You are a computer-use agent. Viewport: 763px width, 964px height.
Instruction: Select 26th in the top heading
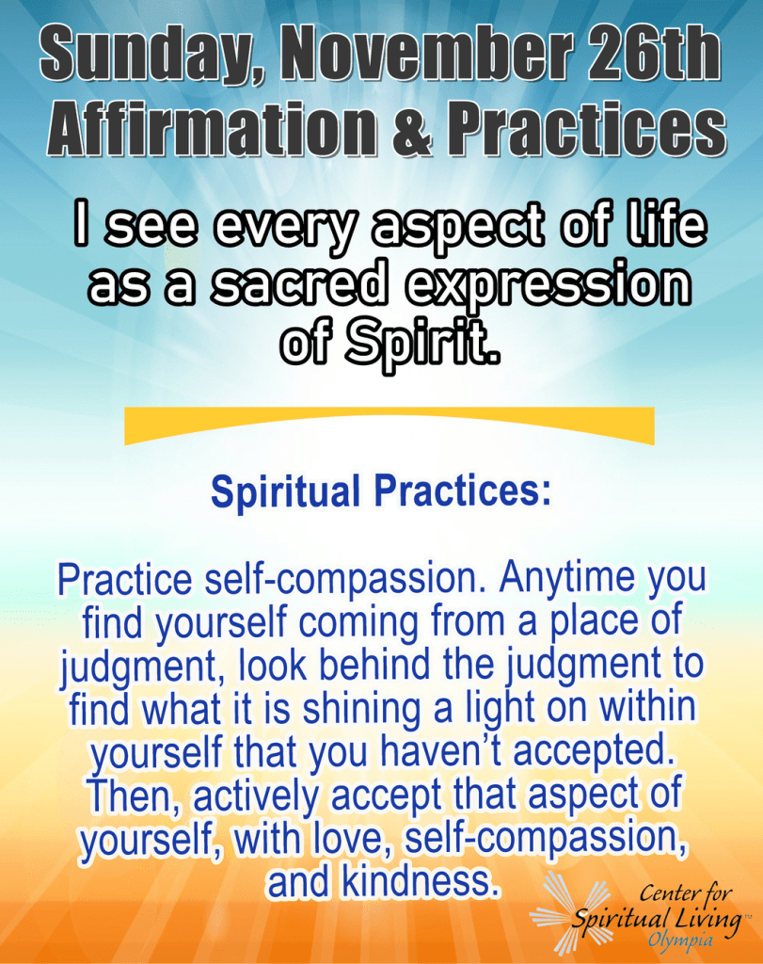click(651, 53)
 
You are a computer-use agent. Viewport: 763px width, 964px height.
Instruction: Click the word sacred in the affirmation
click(298, 284)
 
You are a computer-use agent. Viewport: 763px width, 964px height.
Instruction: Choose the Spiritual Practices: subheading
click(381, 491)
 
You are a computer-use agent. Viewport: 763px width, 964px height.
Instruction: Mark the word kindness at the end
click(418, 881)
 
